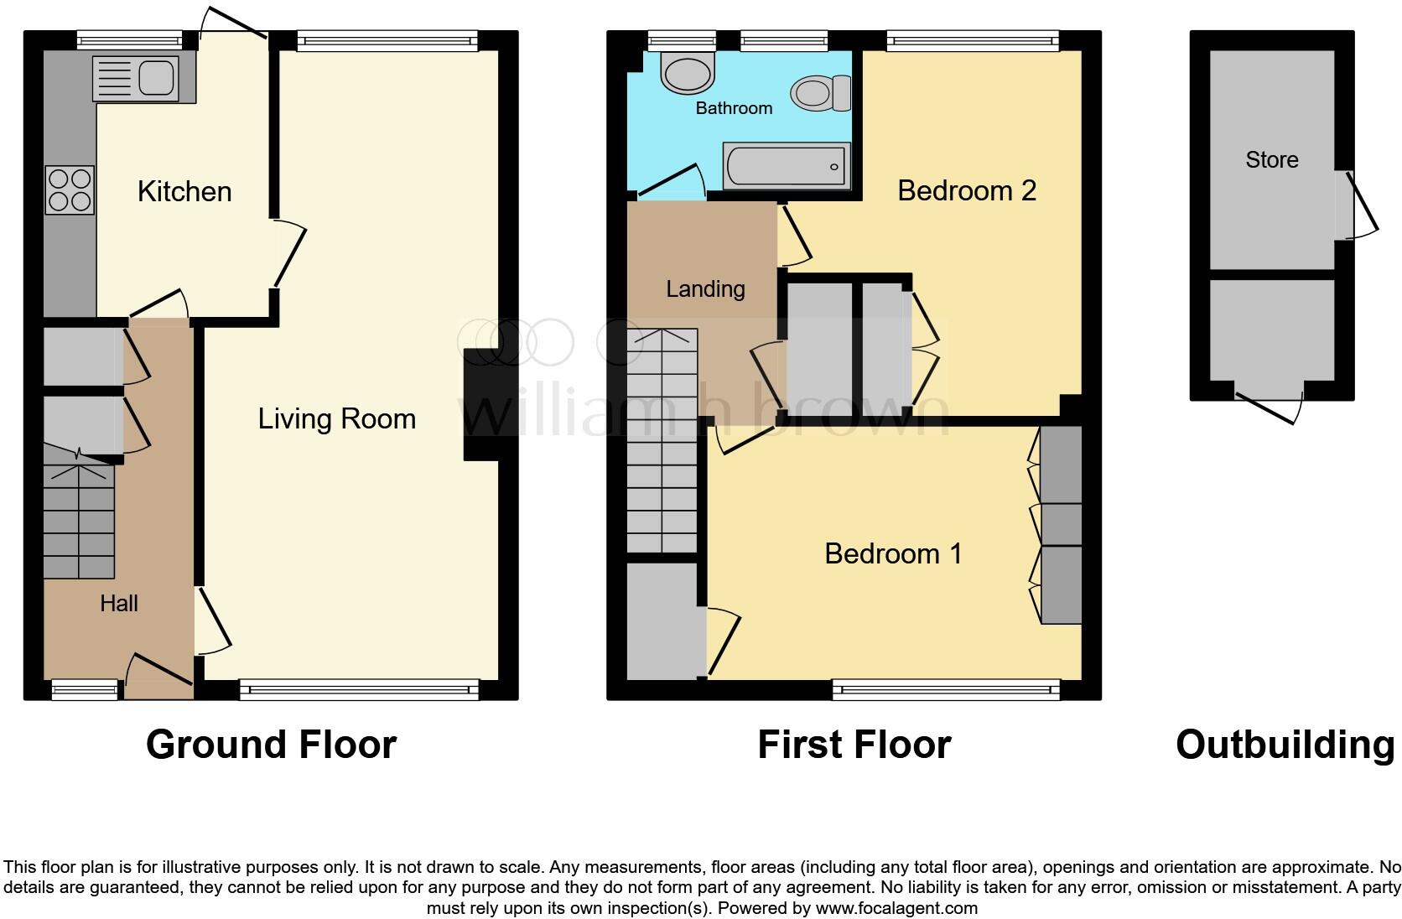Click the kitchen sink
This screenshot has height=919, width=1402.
click(156, 77)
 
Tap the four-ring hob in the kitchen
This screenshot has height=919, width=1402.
click(70, 190)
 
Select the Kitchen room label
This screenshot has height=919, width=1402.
click(184, 191)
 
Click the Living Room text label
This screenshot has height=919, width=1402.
click(336, 418)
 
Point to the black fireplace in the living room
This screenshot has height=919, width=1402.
click(480, 404)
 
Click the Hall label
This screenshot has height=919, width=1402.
click(118, 603)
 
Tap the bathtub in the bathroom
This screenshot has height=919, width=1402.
click(786, 166)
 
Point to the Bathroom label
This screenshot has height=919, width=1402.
click(734, 108)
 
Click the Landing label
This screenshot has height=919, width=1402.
click(705, 289)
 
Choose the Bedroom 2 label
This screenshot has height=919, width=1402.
click(966, 191)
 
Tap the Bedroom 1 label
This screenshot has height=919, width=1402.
click(893, 553)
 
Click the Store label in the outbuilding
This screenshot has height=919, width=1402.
click(1271, 160)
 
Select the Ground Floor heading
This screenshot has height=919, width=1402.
click(271, 745)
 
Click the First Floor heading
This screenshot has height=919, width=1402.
click(854, 745)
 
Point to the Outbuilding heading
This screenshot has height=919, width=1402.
click(1285, 745)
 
